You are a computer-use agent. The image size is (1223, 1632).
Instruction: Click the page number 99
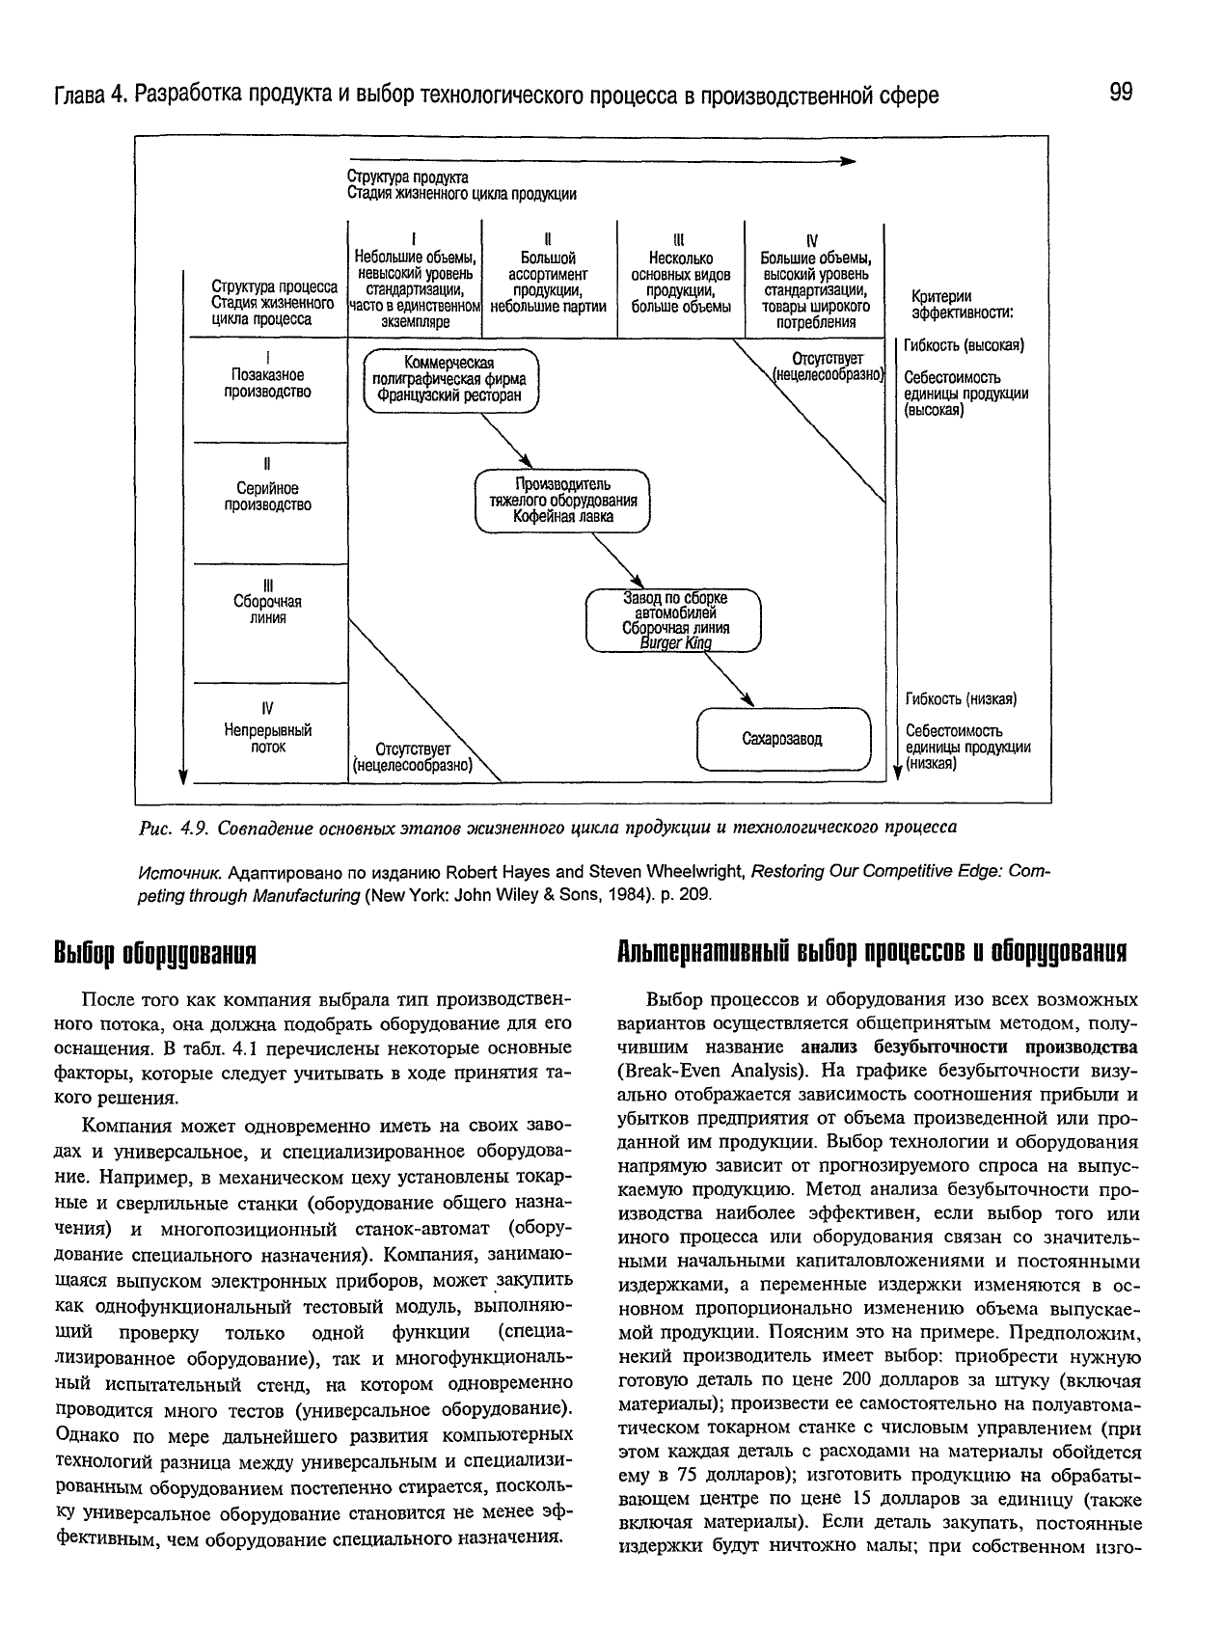(1121, 93)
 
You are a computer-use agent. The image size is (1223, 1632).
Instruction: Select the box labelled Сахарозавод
(783, 740)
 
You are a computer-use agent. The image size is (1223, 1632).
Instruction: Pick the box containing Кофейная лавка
(563, 501)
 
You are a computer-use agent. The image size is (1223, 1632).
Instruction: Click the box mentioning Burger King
(674, 620)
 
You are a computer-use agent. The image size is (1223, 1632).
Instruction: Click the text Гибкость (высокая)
(964, 345)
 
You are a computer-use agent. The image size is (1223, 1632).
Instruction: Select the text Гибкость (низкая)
(961, 698)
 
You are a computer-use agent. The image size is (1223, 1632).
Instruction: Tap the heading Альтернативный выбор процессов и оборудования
(871, 952)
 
